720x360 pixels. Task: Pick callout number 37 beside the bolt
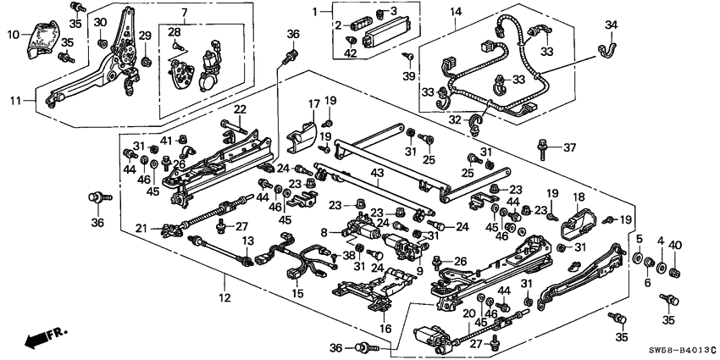click(x=569, y=147)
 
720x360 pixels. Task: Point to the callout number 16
click(x=385, y=328)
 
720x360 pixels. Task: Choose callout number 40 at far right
click(x=675, y=246)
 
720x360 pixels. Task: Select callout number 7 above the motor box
click(x=181, y=13)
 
